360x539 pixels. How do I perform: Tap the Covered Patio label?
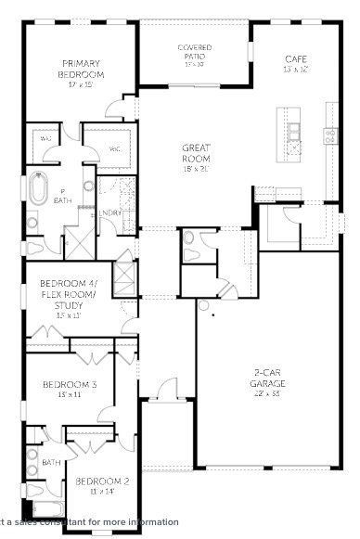195,53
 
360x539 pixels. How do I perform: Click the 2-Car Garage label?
268,378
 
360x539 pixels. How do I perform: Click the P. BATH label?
62,196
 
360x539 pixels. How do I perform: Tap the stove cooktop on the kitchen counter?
330,135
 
